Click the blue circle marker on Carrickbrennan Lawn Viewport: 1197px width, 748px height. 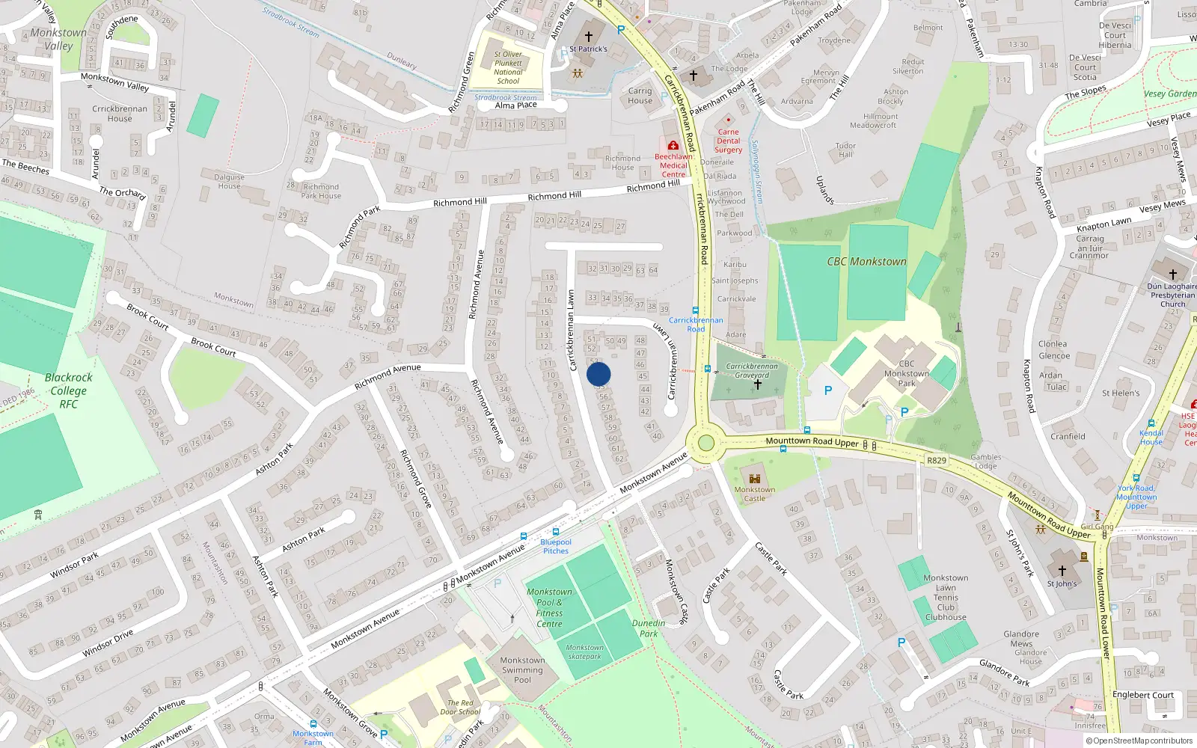coord(598,374)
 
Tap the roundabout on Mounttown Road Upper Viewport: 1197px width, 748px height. coord(705,443)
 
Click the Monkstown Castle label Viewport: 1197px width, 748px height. coord(754,494)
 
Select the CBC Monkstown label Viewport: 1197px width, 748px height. coord(866,262)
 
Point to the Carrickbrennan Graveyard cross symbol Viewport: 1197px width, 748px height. coord(757,384)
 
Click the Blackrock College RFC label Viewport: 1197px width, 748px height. coord(68,390)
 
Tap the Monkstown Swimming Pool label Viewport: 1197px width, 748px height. coord(522,670)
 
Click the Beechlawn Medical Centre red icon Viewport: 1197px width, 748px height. coord(673,145)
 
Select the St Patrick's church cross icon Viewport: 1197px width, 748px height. coord(589,36)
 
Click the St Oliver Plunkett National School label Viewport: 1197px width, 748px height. coord(508,67)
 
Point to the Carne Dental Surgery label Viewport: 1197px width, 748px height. coord(728,141)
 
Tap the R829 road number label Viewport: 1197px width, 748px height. coord(937,461)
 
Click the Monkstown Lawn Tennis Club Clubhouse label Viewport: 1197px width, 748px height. coord(946,598)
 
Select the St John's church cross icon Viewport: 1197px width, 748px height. coord(1062,571)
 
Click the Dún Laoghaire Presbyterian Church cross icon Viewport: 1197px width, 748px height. coord(1172,274)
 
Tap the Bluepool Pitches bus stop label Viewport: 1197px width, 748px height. coord(555,546)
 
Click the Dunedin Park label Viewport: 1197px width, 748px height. coord(649,628)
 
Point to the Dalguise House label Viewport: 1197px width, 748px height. coord(230,182)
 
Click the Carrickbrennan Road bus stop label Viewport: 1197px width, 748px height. coord(696,324)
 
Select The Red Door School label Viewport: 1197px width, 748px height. coord(460,708)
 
